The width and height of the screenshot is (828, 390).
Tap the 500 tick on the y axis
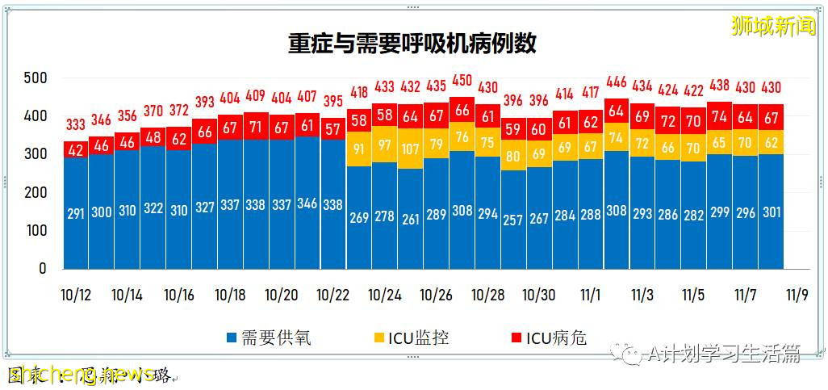pos(36,78)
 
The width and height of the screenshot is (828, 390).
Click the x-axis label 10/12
pos(75,296)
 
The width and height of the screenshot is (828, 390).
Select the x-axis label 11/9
pos(797,296)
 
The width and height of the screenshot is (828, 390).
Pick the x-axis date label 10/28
pos(488,296)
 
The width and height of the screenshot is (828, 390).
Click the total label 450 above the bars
pos(462,81)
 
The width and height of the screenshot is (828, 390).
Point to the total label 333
pos(75,124)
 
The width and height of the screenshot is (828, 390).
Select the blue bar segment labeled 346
pos(307,203)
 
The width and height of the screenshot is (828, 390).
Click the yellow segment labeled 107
pos(411,149)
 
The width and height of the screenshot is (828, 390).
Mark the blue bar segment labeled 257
pos(513,220)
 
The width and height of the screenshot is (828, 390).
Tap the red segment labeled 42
pos(75,149)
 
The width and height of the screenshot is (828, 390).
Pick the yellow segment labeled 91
pos(359,149)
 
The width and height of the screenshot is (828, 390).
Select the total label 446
pos(616,82)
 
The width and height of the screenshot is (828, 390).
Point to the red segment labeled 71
pos(256,127)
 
